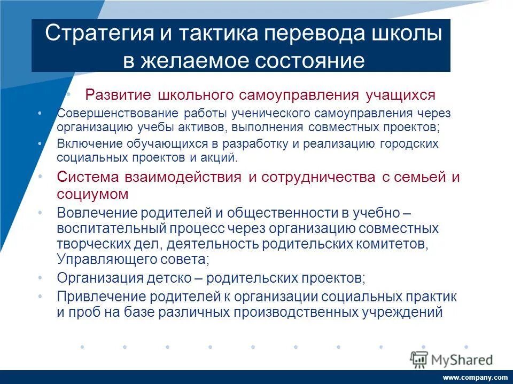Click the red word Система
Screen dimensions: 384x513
click(90, 177)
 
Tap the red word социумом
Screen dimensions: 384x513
click(92, 194)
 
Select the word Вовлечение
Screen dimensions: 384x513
click(97, 213)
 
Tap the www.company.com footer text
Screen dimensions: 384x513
click(475, 377)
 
